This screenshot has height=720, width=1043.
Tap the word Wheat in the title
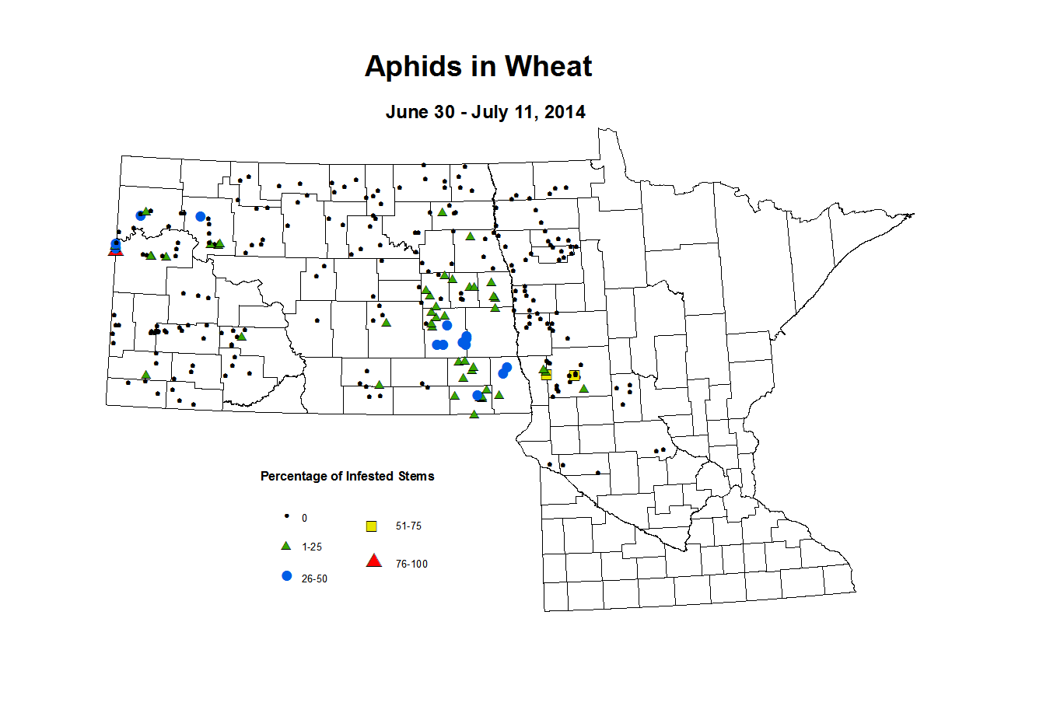coord(548,67)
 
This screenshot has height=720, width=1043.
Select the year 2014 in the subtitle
coord(565,112)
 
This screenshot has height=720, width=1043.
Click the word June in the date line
coord(408,112)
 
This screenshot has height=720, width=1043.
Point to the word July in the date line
coord(489,112)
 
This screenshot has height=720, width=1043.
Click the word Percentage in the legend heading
coord(294,476)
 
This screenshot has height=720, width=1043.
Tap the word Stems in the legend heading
coord(416,476)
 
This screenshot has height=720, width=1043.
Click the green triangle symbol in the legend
coord(286,547)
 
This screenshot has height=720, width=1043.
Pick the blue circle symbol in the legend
coord(286,576)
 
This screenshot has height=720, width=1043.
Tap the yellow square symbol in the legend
coord(372,526)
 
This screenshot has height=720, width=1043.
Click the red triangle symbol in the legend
coord(374,561)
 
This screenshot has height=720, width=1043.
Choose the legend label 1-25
coord(312,547)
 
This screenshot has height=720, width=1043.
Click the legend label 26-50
coord(314,579)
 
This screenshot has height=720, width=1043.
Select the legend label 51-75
coord(408,526)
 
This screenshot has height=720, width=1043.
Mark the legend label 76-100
coord(411,564)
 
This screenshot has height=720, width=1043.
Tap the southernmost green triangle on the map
coord(474,414)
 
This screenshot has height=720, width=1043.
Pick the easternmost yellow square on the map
coord(574,376)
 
